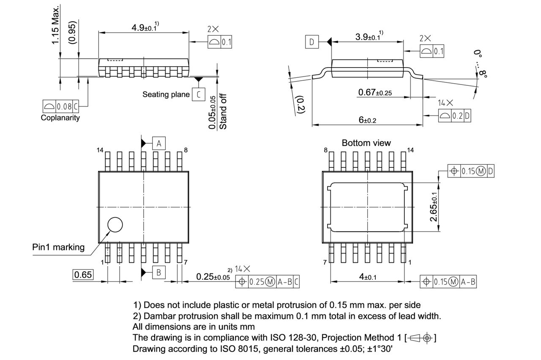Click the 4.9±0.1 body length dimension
coord(144,27)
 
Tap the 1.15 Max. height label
coord(55,25)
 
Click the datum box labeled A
coord(158,143)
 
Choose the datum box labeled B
coord(158,273)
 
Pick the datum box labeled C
coord(198,94)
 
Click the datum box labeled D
coord(312,42)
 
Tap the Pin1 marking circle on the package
coord(115,225)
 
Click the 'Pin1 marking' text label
coord(58,247)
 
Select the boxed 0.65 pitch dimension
coord(83,275)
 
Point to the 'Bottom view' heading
coord(366,143)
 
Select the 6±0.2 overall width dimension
coord(367,120)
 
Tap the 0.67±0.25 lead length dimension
coord(374,93)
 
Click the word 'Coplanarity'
coord(60,118)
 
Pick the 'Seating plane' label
coord(166,94)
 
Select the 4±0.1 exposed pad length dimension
coord(367,276)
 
